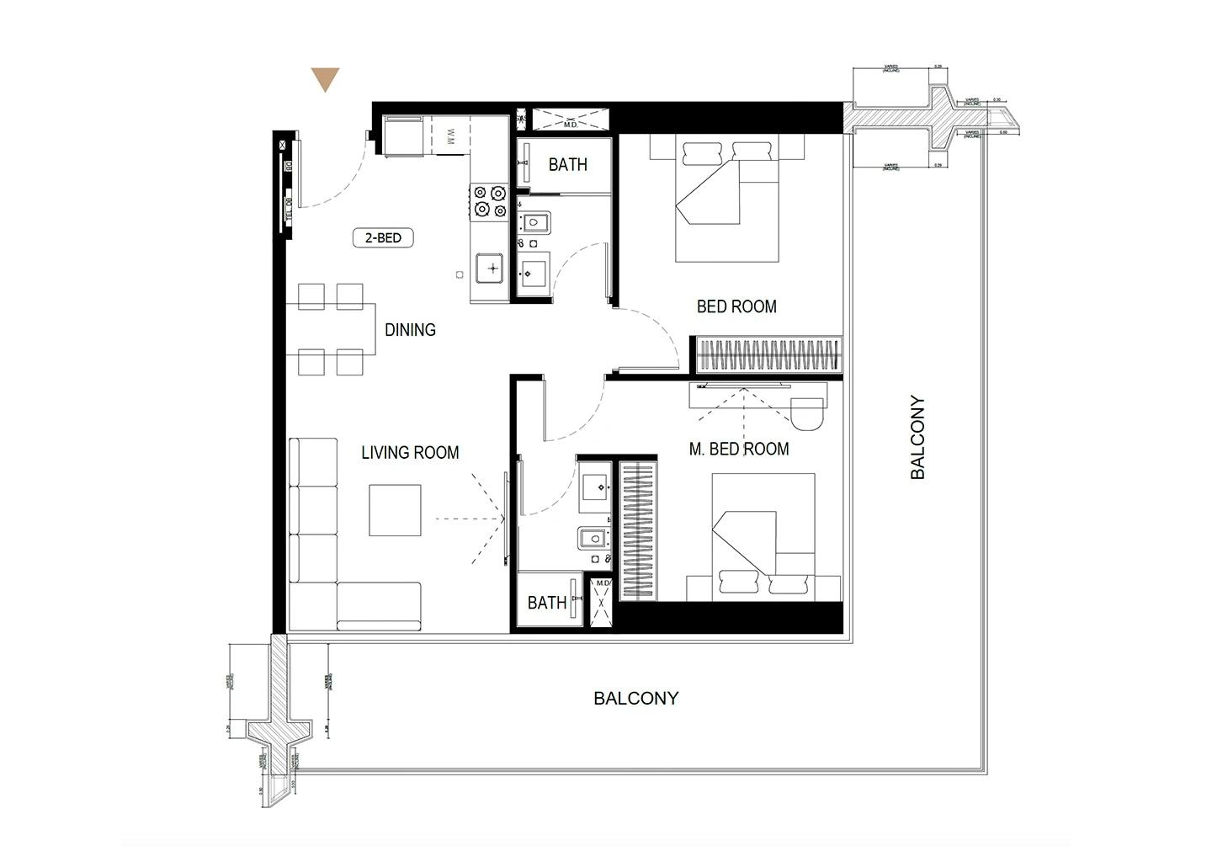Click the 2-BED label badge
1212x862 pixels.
pyautogui.click(x=383, y=238)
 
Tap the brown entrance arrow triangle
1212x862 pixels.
pyautogui.click(x=325, y=79)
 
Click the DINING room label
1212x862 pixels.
pyautogui.click(x=410, y=330)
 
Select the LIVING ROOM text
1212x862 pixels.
pyautogui.click(x=410, y=453)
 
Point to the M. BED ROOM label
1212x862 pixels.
pyautogui.click(x=738, y=450)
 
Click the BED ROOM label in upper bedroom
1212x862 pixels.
pyautogui.click(x=736, y=306)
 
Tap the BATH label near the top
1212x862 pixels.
pyautogui.click(x=567, y=165)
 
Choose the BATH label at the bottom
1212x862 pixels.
pyautogui.click(x=546, y=603)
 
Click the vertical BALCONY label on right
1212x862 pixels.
pyautogui.click(x=917, y=438)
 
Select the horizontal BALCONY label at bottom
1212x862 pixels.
pyautogui.click(x=635, y=698)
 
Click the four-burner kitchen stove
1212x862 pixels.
pyautogui.click(x=489, y=201)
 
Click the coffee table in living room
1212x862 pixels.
pyautogui.click(x=395, y=509)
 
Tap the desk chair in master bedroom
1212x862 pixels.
pyautogui.click(x=809, y=412)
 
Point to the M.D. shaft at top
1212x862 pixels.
pyautogui.click(x=570, y=120)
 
